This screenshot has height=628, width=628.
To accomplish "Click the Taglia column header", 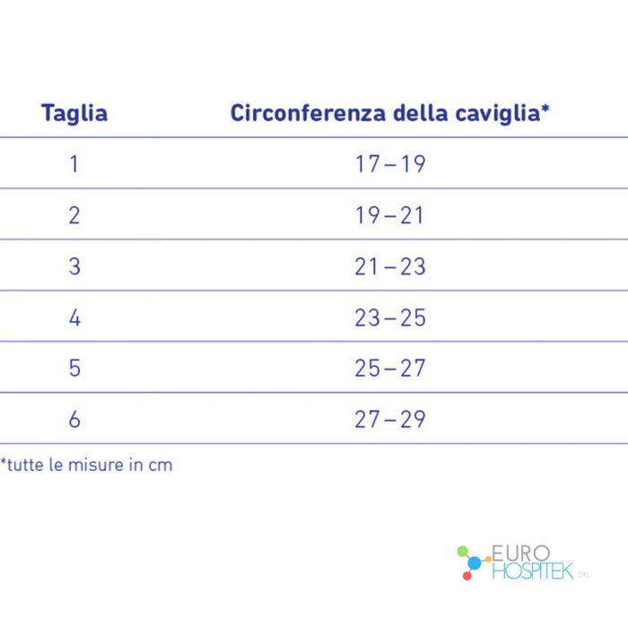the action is click(74, 113).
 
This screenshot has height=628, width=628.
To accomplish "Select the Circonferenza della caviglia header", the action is click(389, 113).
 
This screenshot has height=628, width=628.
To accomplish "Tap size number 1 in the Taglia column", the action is click(74, 164).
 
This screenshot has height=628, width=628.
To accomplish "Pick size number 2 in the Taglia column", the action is click(74, 215).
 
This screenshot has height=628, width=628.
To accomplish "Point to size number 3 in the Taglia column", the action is click(74, 266).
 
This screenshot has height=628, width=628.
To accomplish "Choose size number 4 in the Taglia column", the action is click(74, 318).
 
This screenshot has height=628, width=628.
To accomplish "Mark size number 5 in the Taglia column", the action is click(74, 368).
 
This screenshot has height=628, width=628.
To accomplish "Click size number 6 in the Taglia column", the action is click(74, 419).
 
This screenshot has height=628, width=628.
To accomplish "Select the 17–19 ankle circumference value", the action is click(390, 164).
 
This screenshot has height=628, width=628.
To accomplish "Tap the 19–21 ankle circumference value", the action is click(389, 215).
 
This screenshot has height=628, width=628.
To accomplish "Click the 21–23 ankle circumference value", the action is click(390, 266).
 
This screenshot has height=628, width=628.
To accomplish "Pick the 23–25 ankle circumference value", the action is click(390, 318).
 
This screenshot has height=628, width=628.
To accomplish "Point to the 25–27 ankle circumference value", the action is click(390, 368).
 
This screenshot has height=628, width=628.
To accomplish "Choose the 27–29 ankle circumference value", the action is click(390, 419).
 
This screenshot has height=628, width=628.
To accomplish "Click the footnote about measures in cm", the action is click(86, 465).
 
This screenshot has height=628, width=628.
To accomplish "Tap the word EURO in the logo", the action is click(520, 554).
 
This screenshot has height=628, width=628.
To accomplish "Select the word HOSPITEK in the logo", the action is click(533, 571).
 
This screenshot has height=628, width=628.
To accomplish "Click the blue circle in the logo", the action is click(475, 563).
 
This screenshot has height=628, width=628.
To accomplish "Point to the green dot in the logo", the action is click(462, 551).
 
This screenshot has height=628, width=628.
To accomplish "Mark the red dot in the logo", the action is click(467, 576).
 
